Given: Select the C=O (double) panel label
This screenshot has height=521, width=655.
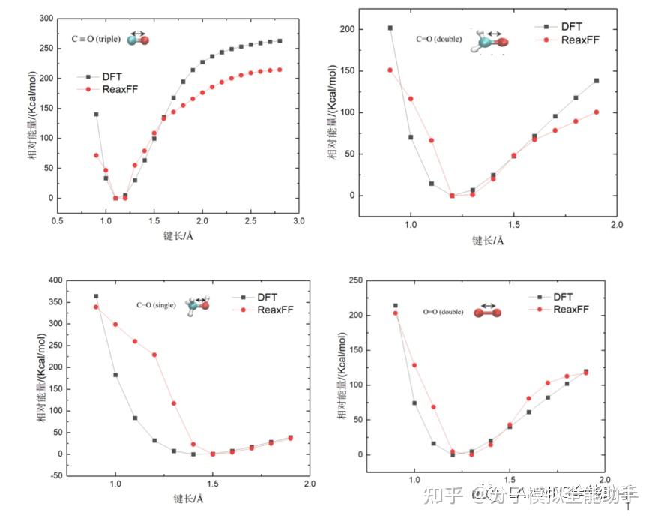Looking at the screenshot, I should click(439, 39).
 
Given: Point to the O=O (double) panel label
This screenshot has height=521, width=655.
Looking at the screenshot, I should click(444, 311).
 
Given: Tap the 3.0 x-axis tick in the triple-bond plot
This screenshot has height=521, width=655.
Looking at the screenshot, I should click(299, 221).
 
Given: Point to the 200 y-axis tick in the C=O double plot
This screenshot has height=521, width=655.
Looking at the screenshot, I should click(345, 30).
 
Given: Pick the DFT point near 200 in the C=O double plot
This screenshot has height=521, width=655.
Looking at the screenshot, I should click(390, 28).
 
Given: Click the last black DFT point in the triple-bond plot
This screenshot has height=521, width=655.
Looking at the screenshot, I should click(280, 41).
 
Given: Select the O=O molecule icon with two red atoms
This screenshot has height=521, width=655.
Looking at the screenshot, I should click(487, 312).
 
